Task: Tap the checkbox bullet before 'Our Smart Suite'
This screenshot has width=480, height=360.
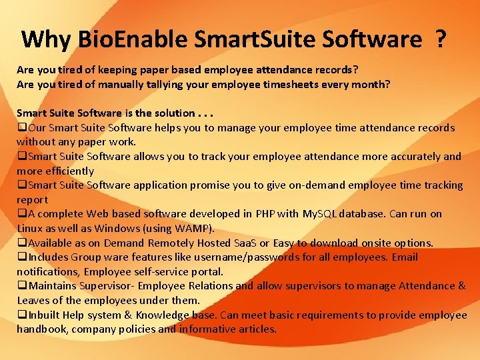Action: [21, 128]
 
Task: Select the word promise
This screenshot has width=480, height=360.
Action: [197, 185]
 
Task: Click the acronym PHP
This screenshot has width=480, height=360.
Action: [265, 214]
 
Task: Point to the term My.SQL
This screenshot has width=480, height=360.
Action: [322, 214]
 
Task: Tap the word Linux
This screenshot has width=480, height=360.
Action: [30, 228]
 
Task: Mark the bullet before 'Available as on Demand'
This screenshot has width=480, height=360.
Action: [21, 243]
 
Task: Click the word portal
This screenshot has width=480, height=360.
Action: [207, 271]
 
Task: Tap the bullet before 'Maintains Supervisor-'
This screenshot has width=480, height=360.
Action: [21, 286]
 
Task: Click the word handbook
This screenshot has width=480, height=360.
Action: [42, 329]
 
